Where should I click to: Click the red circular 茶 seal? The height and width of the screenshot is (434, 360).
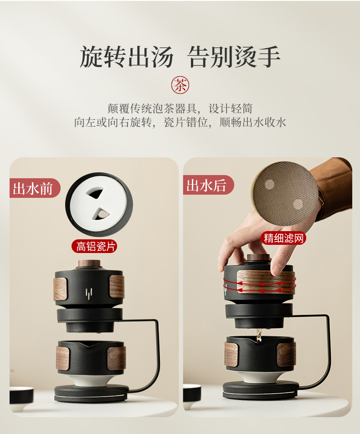pyautogui.click(x=180, y=85)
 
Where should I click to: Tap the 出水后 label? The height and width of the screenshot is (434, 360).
pyautogui.click(x=208, y=185)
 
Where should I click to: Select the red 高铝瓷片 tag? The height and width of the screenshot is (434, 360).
pyautogui.click(x=94, y=246)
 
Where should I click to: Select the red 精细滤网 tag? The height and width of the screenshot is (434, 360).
pyautogui.click(x=283, y=238)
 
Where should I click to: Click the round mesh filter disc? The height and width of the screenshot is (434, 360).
pyautogui.click(x=285, y=193)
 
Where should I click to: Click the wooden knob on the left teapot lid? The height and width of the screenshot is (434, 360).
pyautogui.click(x=89, y=263)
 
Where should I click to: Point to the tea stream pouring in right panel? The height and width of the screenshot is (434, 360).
pyautogui.click(x=258, y=334)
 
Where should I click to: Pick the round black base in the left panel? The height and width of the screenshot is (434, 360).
pyautogui.click(x=91, y=393)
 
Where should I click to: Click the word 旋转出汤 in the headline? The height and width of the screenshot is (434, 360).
pyautogui.click(x=127, y=57)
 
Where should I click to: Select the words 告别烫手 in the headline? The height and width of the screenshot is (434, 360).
pyautogui.click(x=233, y=57)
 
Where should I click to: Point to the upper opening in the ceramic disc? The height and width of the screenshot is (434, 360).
pyautogui.click(x=95, y=193)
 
